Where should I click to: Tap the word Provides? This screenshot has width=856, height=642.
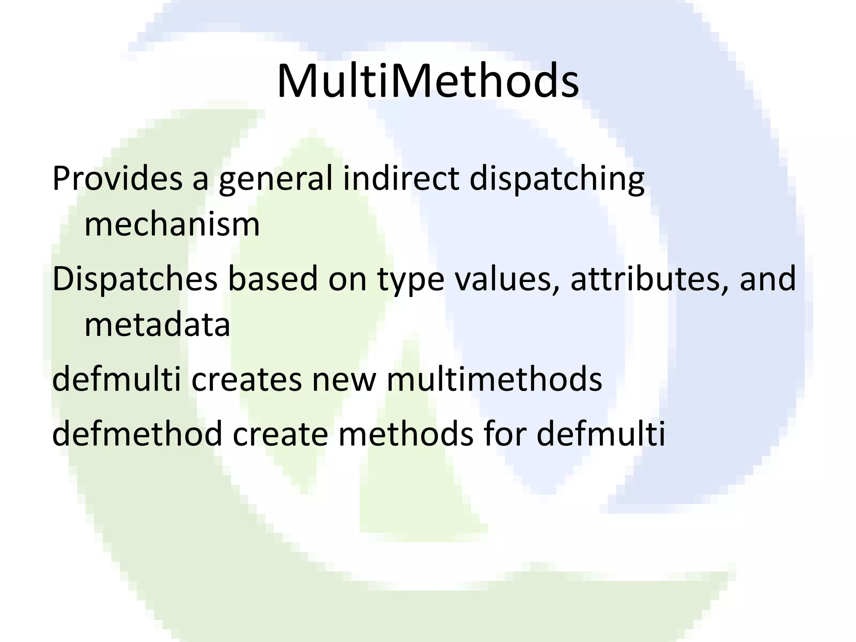117,179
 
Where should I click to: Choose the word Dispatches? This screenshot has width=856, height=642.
135,279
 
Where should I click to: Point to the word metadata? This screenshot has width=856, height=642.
157,325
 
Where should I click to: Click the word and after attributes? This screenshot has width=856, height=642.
767,279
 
